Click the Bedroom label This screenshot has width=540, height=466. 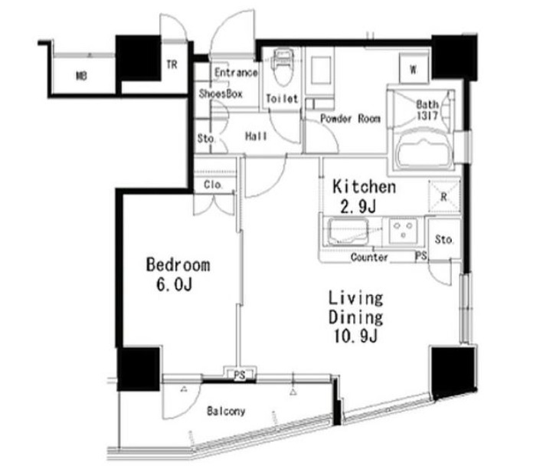(178, 264)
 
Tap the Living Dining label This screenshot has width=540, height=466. (355, 308)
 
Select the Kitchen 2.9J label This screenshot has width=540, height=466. (364, 196)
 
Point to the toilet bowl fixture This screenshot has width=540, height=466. (283, 68)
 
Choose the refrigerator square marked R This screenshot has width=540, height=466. (444, 196)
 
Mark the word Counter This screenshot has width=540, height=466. (369, 257)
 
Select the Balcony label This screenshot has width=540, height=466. (226, 411)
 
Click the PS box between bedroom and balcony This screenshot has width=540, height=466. (240, 375)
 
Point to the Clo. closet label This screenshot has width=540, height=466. (212, 185)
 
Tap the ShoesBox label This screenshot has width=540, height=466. (221, 94)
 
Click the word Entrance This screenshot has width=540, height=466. (236, 72)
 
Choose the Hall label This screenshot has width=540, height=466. (256, 136)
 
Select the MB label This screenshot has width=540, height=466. (81, 76)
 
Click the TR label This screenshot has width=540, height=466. (172, 64)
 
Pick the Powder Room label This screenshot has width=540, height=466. (350, 119)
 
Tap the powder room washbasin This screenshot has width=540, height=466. (319, 71)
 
